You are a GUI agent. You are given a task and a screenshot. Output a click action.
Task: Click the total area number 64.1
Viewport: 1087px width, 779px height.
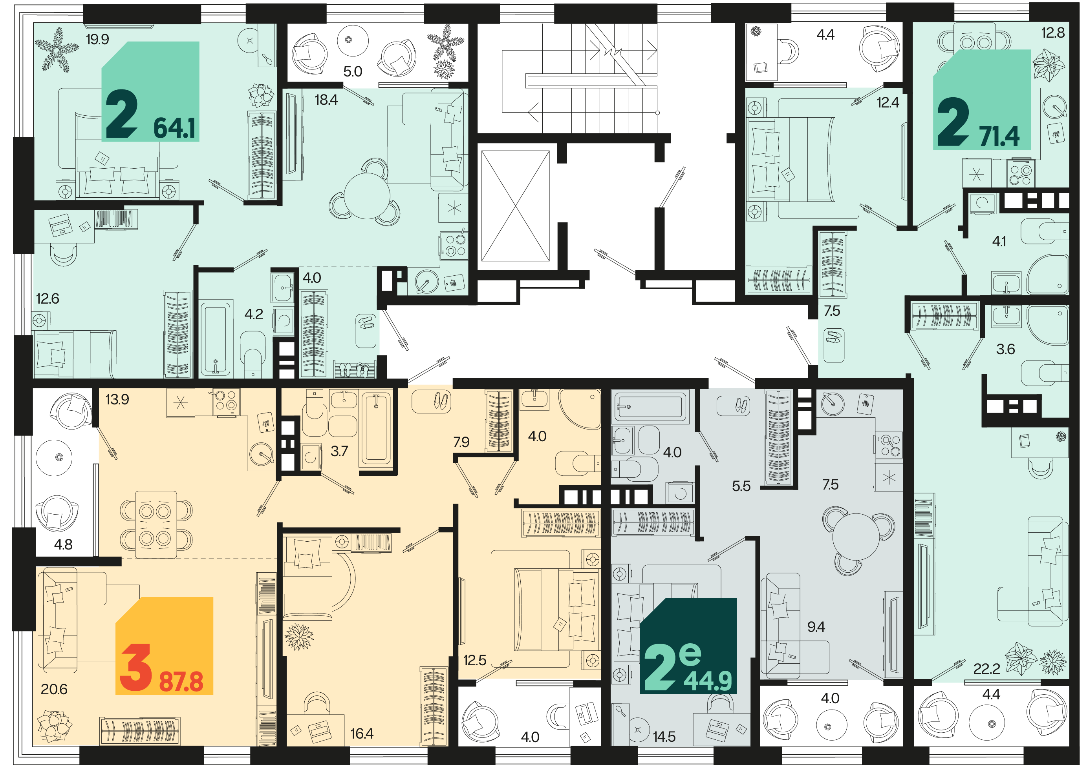174,128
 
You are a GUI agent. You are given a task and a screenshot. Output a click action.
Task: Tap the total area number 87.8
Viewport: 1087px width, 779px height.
181,682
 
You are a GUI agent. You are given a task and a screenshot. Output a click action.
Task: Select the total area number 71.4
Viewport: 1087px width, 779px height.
999,137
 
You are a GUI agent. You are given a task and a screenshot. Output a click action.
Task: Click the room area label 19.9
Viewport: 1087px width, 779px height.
97,39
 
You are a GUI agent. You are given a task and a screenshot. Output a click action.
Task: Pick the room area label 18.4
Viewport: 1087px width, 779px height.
326,100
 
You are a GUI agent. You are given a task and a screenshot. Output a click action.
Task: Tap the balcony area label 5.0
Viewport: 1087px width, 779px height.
352,72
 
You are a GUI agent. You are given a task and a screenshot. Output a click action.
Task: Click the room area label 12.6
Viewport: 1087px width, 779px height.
48,299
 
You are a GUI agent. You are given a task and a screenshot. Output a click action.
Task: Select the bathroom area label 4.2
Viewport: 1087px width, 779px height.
254,315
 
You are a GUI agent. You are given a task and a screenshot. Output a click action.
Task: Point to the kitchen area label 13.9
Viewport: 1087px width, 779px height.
117,399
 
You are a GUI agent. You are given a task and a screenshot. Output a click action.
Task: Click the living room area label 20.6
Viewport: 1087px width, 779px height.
54,690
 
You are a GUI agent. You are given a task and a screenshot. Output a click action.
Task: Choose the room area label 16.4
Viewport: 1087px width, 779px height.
361,733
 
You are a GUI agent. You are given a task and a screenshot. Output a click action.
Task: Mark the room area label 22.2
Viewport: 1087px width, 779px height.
986,669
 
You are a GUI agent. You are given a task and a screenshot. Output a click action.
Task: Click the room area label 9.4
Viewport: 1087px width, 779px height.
816,627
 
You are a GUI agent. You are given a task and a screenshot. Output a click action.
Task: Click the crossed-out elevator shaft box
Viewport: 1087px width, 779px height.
515,206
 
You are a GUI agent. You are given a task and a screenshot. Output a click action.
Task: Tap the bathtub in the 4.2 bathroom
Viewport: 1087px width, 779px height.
216,338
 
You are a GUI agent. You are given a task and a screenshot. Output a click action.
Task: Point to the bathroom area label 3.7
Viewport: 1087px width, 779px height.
339,451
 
